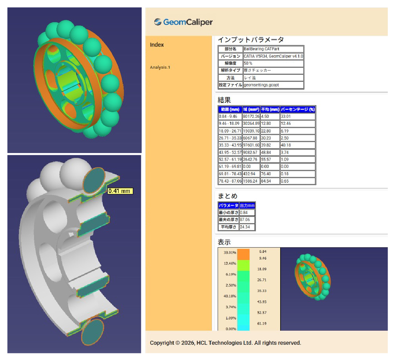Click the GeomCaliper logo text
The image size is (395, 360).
pos(188,22)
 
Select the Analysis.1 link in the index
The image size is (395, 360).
pos(160,67)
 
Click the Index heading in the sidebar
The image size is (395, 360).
pos(157,45)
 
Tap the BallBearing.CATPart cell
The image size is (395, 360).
pos(273,49)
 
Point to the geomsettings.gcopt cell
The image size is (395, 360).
pos(273,85)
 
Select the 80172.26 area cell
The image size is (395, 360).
pos(251,116)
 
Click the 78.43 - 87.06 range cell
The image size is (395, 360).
pos(230,181)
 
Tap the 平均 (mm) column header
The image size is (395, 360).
pos(270,109)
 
